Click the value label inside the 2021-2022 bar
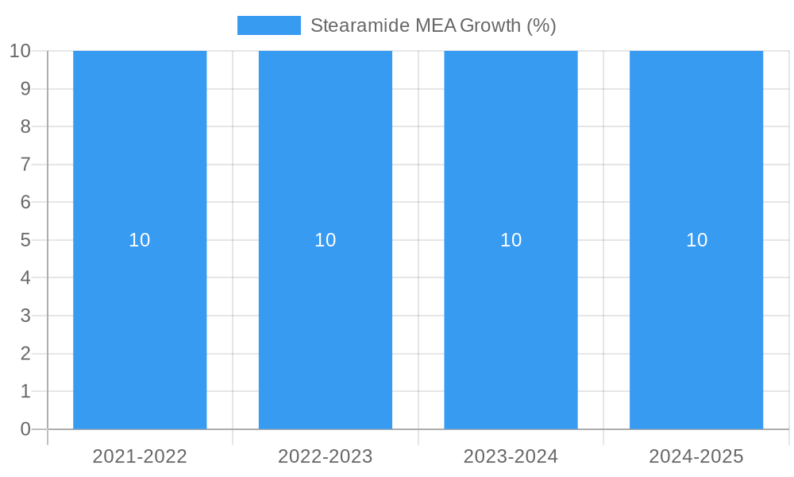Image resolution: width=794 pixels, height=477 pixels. point(140,240)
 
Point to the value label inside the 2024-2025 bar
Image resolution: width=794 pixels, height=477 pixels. point(696,240)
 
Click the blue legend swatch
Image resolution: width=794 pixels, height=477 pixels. point(269,25)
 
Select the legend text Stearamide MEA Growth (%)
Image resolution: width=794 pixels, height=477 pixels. point(433,25)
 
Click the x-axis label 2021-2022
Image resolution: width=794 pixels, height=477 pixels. point(140,456)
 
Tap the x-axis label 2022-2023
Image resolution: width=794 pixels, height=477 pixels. point(326,456)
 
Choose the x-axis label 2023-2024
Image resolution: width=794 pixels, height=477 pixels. point(511,456)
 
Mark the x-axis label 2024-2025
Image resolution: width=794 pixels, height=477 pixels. point(696,456)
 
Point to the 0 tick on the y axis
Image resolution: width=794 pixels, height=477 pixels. point(25,429)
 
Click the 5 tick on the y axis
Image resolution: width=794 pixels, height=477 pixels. point(25,240)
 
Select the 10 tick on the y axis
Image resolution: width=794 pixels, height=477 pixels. point(20,51)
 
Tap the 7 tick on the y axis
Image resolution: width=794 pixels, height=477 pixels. point(25,165)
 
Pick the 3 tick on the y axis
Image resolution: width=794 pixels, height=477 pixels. point(25,316)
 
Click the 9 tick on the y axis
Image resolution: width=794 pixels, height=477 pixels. point(25,88)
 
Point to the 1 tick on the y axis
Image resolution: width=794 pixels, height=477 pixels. point(25,391)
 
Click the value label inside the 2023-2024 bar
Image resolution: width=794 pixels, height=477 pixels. point(511,240)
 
